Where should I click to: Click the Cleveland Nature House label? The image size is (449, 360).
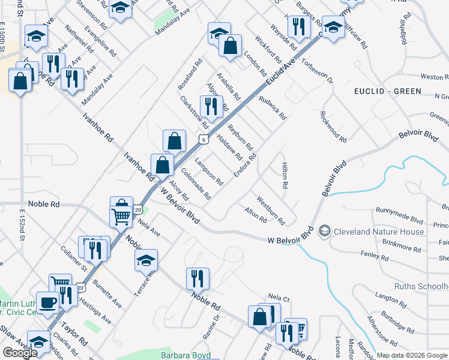tap(379, 232)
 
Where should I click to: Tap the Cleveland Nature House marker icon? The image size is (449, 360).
tap(325, 231)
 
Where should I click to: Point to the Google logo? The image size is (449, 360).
tap(20, 353)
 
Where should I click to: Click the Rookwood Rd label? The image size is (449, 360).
tap(334, 127)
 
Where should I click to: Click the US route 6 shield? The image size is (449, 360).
tap(205, 139)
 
